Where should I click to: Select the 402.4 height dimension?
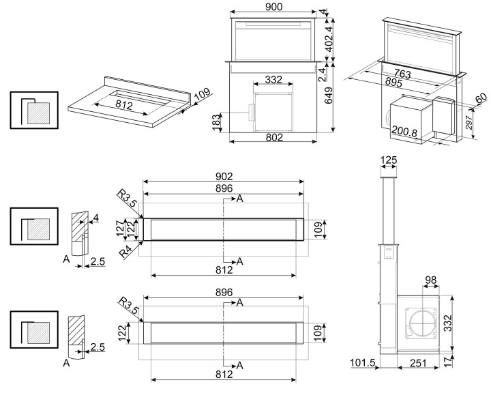coord(329,39)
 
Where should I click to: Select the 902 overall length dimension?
coord(224,177)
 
